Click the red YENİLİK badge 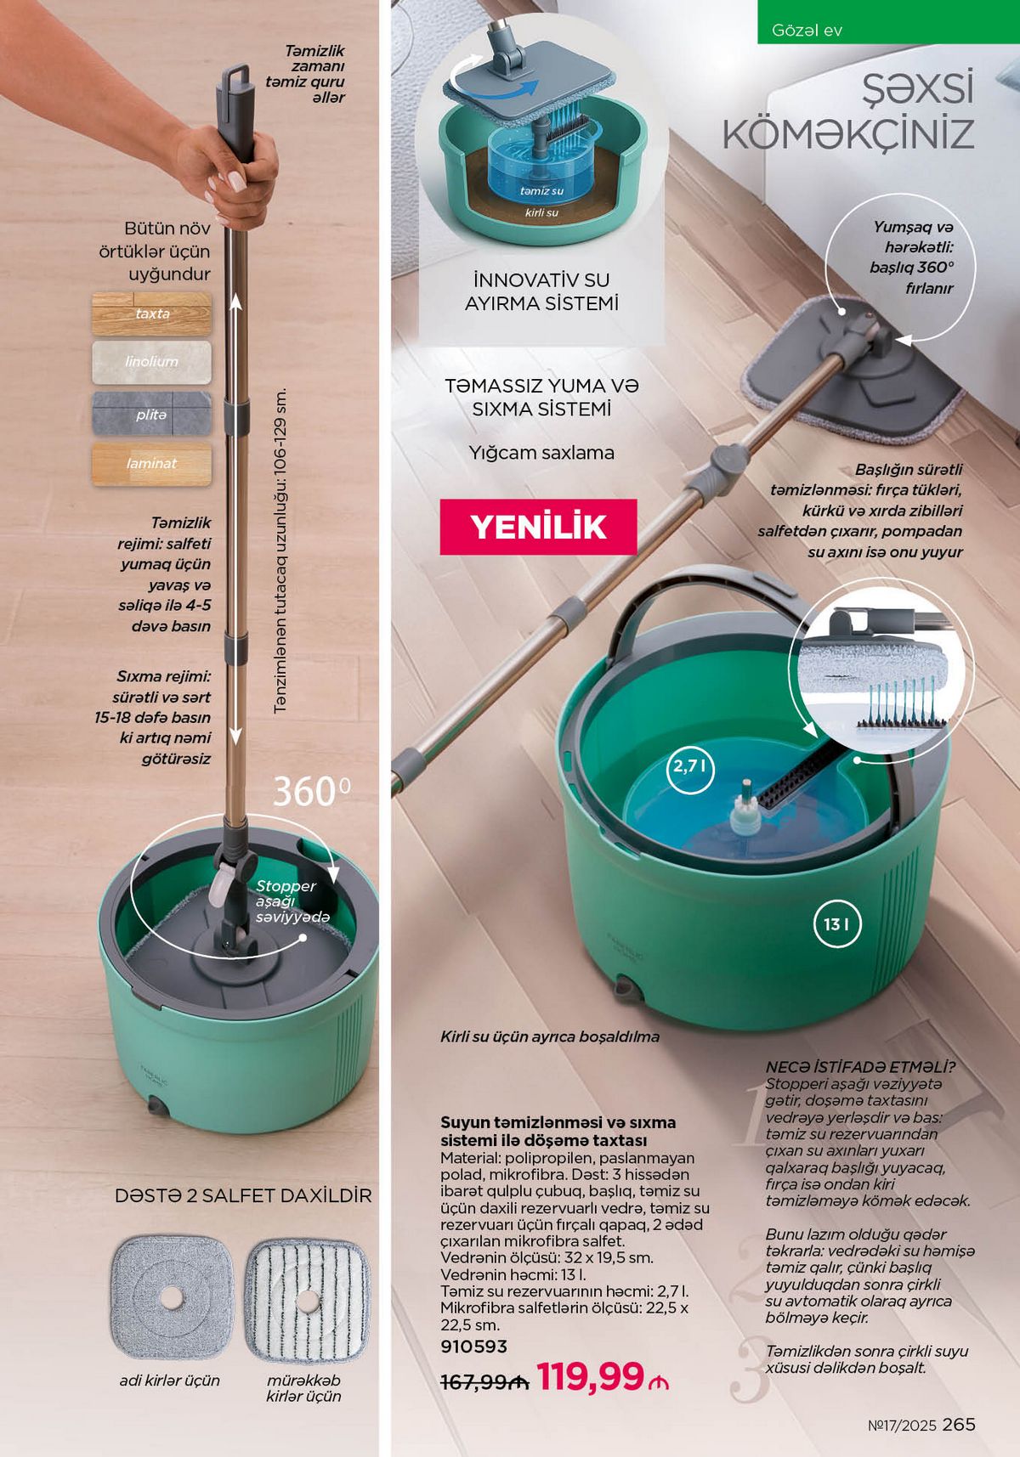(538, 527)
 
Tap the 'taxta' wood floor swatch (151, 313)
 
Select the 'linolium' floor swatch (151, 362)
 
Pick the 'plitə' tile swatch (151, 415)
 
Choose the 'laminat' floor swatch (151, 464)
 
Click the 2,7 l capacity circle (690, 767)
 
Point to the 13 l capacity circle (836, 924)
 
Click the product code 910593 (473, 1347)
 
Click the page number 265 (959, 1425)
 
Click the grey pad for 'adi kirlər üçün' (172, 1297)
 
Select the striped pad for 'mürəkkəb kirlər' (307, 1301)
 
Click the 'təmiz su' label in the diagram (541, 191)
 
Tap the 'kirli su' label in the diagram (541, 212)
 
